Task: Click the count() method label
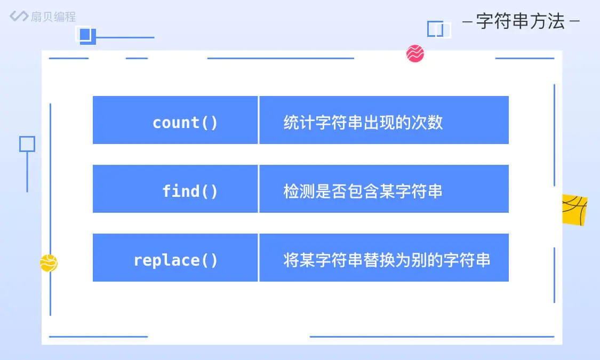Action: pyautogui.click(x=185, y=123)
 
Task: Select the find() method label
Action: pyautogui.click(x=190, y=191)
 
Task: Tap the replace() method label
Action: pyautogui.click(x=175, y=260)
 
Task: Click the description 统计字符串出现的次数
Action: pyautogui.click(x=363, y=123)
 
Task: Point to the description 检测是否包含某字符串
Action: pyautogui.click(x=363, y=191)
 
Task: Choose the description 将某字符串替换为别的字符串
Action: pyautogui.click(x=387, y=260)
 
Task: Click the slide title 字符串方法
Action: pyautogui.click(x=520, y=22)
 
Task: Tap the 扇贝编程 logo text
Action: pyautogui.click(x=53, y=16)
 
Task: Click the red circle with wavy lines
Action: pyautogui.click(x=415, y=53)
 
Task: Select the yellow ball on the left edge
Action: pyautogui.click(x=49, y=263)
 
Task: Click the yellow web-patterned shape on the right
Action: pyautogui.click(x=574, y=210)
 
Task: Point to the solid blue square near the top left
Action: pyautogui.click(x=85, y=35)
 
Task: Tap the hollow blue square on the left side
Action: pyautogui.click(x=27, y=144)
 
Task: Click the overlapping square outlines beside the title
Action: pyautogui.click(x=439, y=29)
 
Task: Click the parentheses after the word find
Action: pyautogui.click(x=210, y=191)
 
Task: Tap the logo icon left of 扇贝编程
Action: pyautogui.click(x=19, y=16)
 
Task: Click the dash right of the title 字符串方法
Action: pyautogui.click(x=574, y=22)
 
